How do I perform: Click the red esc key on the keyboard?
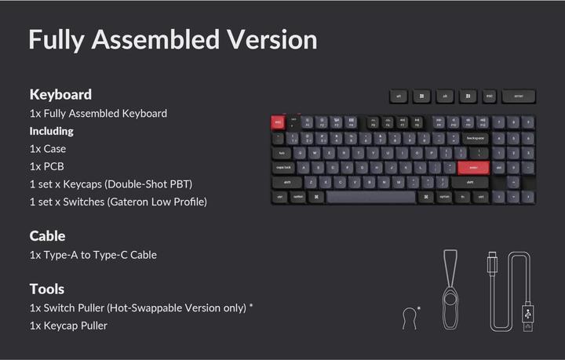coord(278,122)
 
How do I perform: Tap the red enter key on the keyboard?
coord(472,167)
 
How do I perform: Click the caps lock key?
coord(283,167)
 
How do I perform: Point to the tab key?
coord(281,152)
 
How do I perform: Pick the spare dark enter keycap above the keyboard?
coord(519,96)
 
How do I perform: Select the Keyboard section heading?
coord(60,94)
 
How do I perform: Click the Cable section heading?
coord(47,235)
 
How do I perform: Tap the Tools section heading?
coord(47,289)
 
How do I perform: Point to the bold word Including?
coord(52,131)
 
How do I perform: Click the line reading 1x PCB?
coord(47,166)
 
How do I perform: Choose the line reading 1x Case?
coord(48,149)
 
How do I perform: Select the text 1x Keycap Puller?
coord(68,325)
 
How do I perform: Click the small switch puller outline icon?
coord(409,318)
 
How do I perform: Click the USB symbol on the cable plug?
coord(527,315)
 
